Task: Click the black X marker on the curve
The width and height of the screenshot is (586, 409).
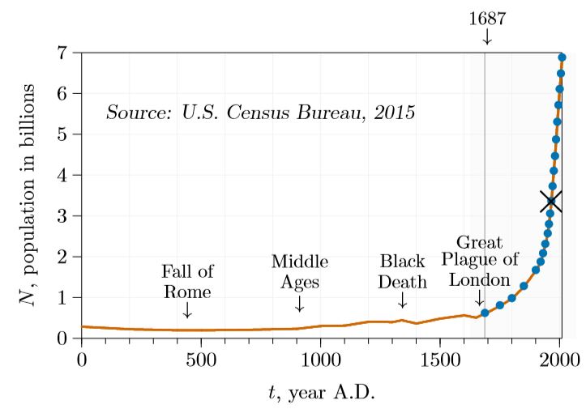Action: [x=551, y=200]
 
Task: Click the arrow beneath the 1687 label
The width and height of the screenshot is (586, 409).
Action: [x=486, y=36]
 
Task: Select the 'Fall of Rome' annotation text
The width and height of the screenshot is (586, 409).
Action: [x=187, y=280]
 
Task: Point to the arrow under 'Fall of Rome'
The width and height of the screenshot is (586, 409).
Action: [x=187, y=309]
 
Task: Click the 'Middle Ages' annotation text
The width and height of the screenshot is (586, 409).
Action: [x=300, y=272]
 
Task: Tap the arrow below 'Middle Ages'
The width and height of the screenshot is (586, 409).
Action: [x=300, y=303]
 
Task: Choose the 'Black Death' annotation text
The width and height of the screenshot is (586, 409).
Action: [x=403, y=272]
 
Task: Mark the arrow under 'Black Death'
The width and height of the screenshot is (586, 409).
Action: [x=402, y=300]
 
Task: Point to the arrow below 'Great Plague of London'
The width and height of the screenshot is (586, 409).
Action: [x=479, y=300]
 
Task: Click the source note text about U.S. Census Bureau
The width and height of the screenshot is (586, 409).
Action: [x=260, y=112]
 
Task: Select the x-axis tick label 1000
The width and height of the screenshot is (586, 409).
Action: [x=320, y=359]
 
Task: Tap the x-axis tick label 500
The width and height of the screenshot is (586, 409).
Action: [x=201, y=359]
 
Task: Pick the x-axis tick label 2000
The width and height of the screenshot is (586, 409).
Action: [x=559, y=359]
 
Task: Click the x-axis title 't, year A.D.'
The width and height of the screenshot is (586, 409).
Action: [x=321, y=393]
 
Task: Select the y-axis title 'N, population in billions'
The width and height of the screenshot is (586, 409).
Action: [x=29, y=194]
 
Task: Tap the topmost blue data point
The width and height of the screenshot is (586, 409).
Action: [x=562, y=58]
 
